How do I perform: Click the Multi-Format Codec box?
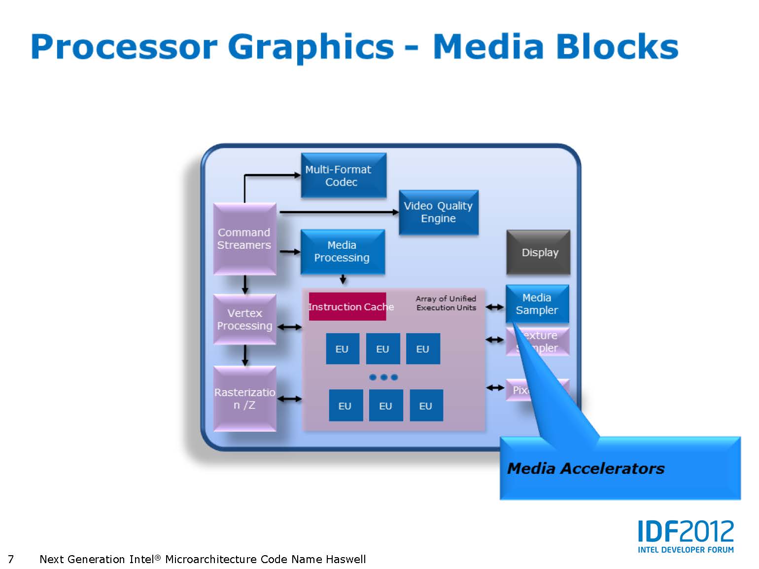coord(344,175)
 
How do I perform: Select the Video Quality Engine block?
coord(438,212)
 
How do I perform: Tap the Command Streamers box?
coord(244,239)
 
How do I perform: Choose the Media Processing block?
coord(343,251)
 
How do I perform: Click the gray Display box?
coord(538,252)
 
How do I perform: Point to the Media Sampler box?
coord(537,303)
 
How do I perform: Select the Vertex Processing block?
coord(244,319)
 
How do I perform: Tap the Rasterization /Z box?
coord(244,399)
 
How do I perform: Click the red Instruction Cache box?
coord(347,306)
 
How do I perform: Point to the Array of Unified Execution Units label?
coord(446,303)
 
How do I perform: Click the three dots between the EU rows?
coord(383,377)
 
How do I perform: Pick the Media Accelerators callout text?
coord(586,468)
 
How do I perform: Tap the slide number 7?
coord(11,559)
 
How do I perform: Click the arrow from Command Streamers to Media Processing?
coord(290,252)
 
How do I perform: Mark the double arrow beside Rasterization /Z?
coord(290,399)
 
